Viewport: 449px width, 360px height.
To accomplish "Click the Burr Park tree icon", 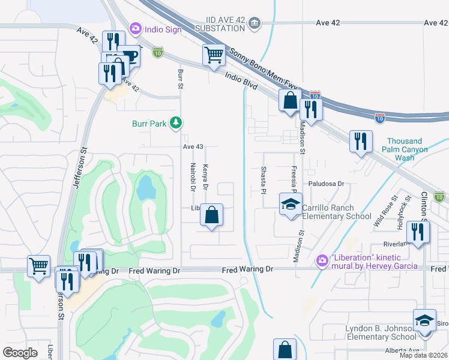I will click(175, 123).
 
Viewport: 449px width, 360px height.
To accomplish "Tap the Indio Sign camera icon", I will click(135, 28).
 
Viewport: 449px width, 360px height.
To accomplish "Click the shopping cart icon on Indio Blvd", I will click(214, 55).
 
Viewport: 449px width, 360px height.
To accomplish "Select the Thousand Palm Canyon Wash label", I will click(408, 149).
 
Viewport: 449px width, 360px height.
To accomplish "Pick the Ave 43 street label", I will click(193, 146).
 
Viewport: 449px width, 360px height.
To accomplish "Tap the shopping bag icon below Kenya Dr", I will click(211, 215).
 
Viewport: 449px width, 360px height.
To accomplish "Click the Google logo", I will click(20, 352).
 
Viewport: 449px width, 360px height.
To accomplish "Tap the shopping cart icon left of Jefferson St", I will click(39, 266).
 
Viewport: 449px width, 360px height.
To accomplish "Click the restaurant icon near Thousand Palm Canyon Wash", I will click(361, 142).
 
